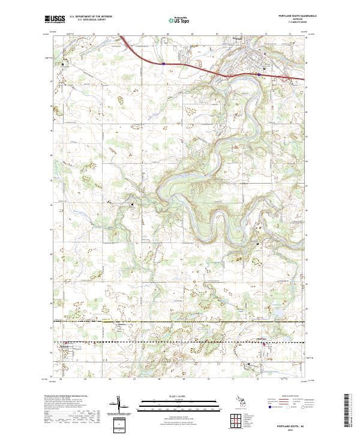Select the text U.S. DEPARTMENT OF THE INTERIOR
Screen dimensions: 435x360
91,16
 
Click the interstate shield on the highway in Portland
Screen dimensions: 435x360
259,74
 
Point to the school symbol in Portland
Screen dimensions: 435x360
265,68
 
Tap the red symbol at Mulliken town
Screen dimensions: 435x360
262,344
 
